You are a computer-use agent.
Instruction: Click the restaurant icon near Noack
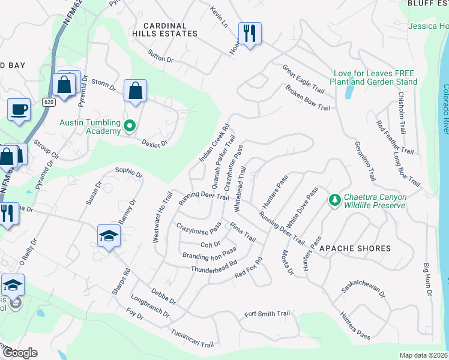[249, 33]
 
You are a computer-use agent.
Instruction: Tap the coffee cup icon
[19, 110]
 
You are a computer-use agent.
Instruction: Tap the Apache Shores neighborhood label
[355, 248]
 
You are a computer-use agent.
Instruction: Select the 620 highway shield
[49, 102]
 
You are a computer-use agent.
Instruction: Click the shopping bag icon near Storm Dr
[135, 91]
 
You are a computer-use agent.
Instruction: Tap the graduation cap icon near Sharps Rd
[109, 235]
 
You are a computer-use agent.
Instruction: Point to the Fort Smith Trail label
[267, 314]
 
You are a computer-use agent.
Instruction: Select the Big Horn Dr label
[427, 280]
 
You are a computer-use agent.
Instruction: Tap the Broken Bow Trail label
[307, 99]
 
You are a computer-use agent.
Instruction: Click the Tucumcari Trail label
[192, 340]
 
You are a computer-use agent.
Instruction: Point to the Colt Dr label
[210, 245]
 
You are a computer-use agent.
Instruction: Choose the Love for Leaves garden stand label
[375, 77]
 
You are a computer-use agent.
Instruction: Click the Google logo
[20, 353]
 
